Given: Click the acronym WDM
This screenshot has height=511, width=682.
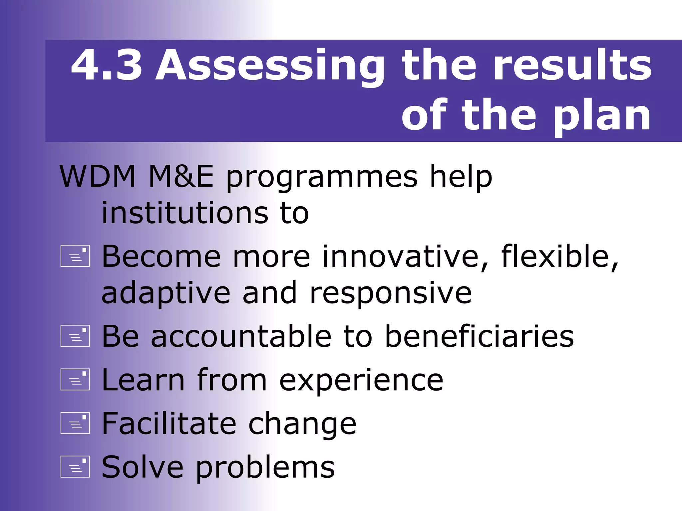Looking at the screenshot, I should pyautogui.click(x=98, y=176).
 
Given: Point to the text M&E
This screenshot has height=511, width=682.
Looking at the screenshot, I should pyautogui.click(x=181, y=176).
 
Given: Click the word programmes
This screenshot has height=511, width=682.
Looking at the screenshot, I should pyautogui.click(x=322, y=178).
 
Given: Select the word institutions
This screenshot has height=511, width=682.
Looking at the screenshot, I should pyautogui.click(x=185, y=213).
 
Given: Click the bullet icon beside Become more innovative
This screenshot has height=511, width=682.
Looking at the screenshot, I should pyautogui.click(x=75, y=256).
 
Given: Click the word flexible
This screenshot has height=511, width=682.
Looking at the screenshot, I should pyautogui.click(x=559, y=256).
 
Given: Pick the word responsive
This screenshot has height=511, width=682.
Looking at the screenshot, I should pyautogui.click(x=390, y=293).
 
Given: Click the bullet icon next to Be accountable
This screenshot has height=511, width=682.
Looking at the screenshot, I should pyautogui.click(x=75, y=336).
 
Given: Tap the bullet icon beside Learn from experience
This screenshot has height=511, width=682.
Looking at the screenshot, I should pyautogui.click(x=75, y=379).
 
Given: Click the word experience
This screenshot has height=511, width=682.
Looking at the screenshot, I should pyautogui.click(x=361, y=381).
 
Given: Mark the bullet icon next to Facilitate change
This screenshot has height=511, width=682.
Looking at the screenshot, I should pyautogui.click(x=75, y=423).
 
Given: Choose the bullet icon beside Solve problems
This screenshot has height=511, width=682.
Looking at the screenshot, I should pyautogui.click(x=75, y=466).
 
